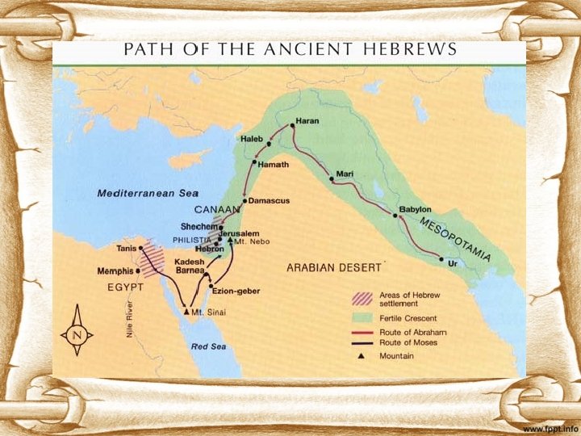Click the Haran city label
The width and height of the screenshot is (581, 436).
coord(307,121)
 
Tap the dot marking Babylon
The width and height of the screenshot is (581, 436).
coord(396,216)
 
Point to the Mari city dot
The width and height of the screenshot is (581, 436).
coord(331,180)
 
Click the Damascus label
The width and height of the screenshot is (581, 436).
coord(270,199)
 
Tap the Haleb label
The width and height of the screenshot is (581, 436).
coord(252,140)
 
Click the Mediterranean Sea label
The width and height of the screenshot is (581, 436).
coord(148,194)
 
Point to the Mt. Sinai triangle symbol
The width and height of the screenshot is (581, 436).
coord(186,311)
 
